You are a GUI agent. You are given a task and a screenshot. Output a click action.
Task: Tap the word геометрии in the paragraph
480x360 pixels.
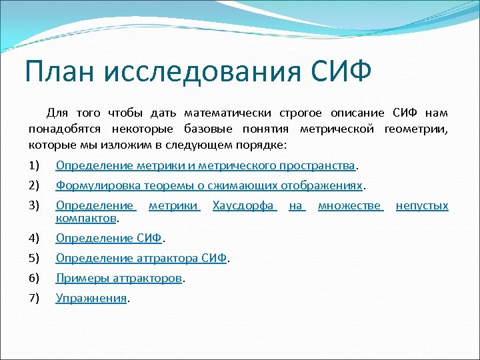417,129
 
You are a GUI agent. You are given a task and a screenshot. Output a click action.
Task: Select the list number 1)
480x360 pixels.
35,165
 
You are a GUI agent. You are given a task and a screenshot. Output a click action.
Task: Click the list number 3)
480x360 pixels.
35,206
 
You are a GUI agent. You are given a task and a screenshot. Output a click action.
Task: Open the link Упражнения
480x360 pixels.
91,298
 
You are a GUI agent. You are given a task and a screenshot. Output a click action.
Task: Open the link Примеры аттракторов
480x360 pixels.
119,278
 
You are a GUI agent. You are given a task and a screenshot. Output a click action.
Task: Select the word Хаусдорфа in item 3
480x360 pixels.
244,206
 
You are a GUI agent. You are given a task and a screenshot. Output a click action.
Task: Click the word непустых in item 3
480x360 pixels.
422,206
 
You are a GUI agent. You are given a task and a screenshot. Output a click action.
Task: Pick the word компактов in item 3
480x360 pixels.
86,217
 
